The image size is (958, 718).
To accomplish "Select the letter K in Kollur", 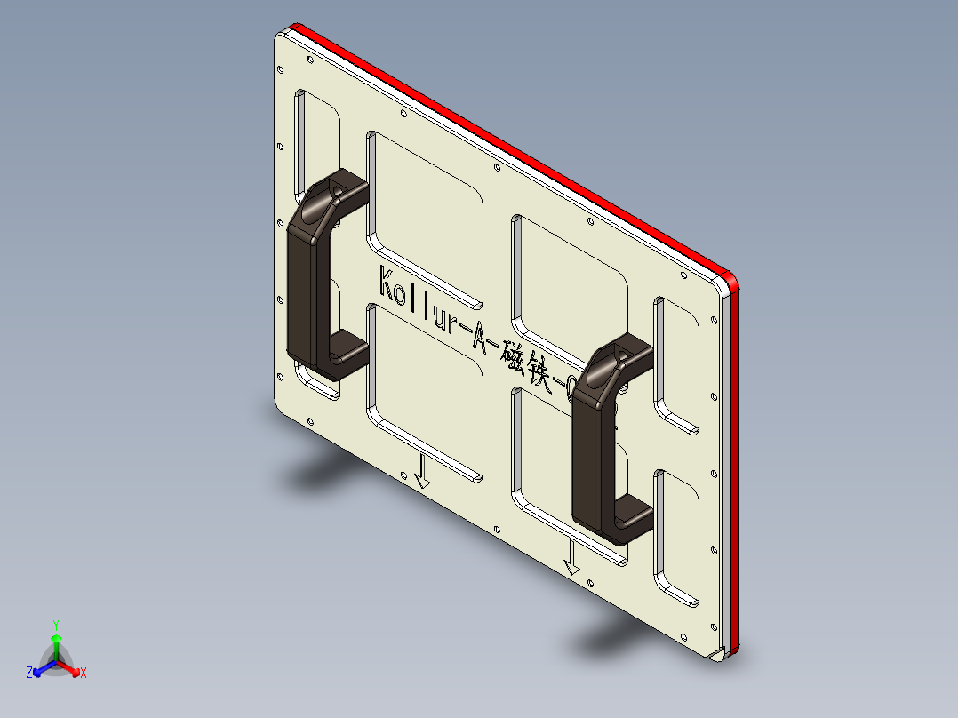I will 387,283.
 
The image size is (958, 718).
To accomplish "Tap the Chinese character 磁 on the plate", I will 514,351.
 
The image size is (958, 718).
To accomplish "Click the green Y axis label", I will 55,625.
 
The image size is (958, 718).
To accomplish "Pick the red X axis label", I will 84,674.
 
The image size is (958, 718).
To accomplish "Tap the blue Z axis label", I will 29,673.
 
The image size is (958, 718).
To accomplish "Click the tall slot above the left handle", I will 315,133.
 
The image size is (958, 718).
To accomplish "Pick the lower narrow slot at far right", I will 677,538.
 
